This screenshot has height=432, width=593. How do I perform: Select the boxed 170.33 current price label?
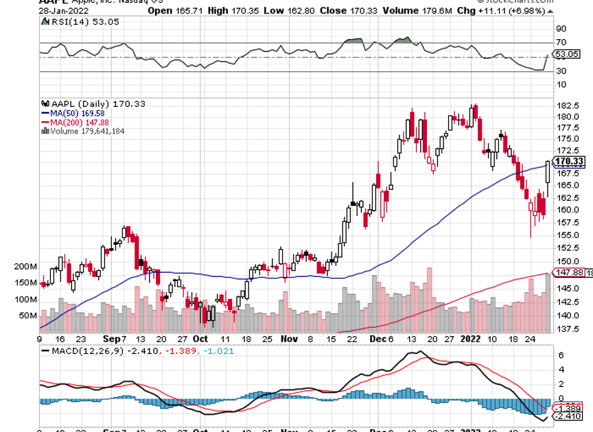(570, 162)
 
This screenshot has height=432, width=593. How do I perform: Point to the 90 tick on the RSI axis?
(561, 29)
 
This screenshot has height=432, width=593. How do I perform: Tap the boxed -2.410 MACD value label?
(569, 416)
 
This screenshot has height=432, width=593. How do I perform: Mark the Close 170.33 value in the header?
(342, 10)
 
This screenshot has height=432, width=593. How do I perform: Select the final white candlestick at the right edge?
(548, 173)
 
